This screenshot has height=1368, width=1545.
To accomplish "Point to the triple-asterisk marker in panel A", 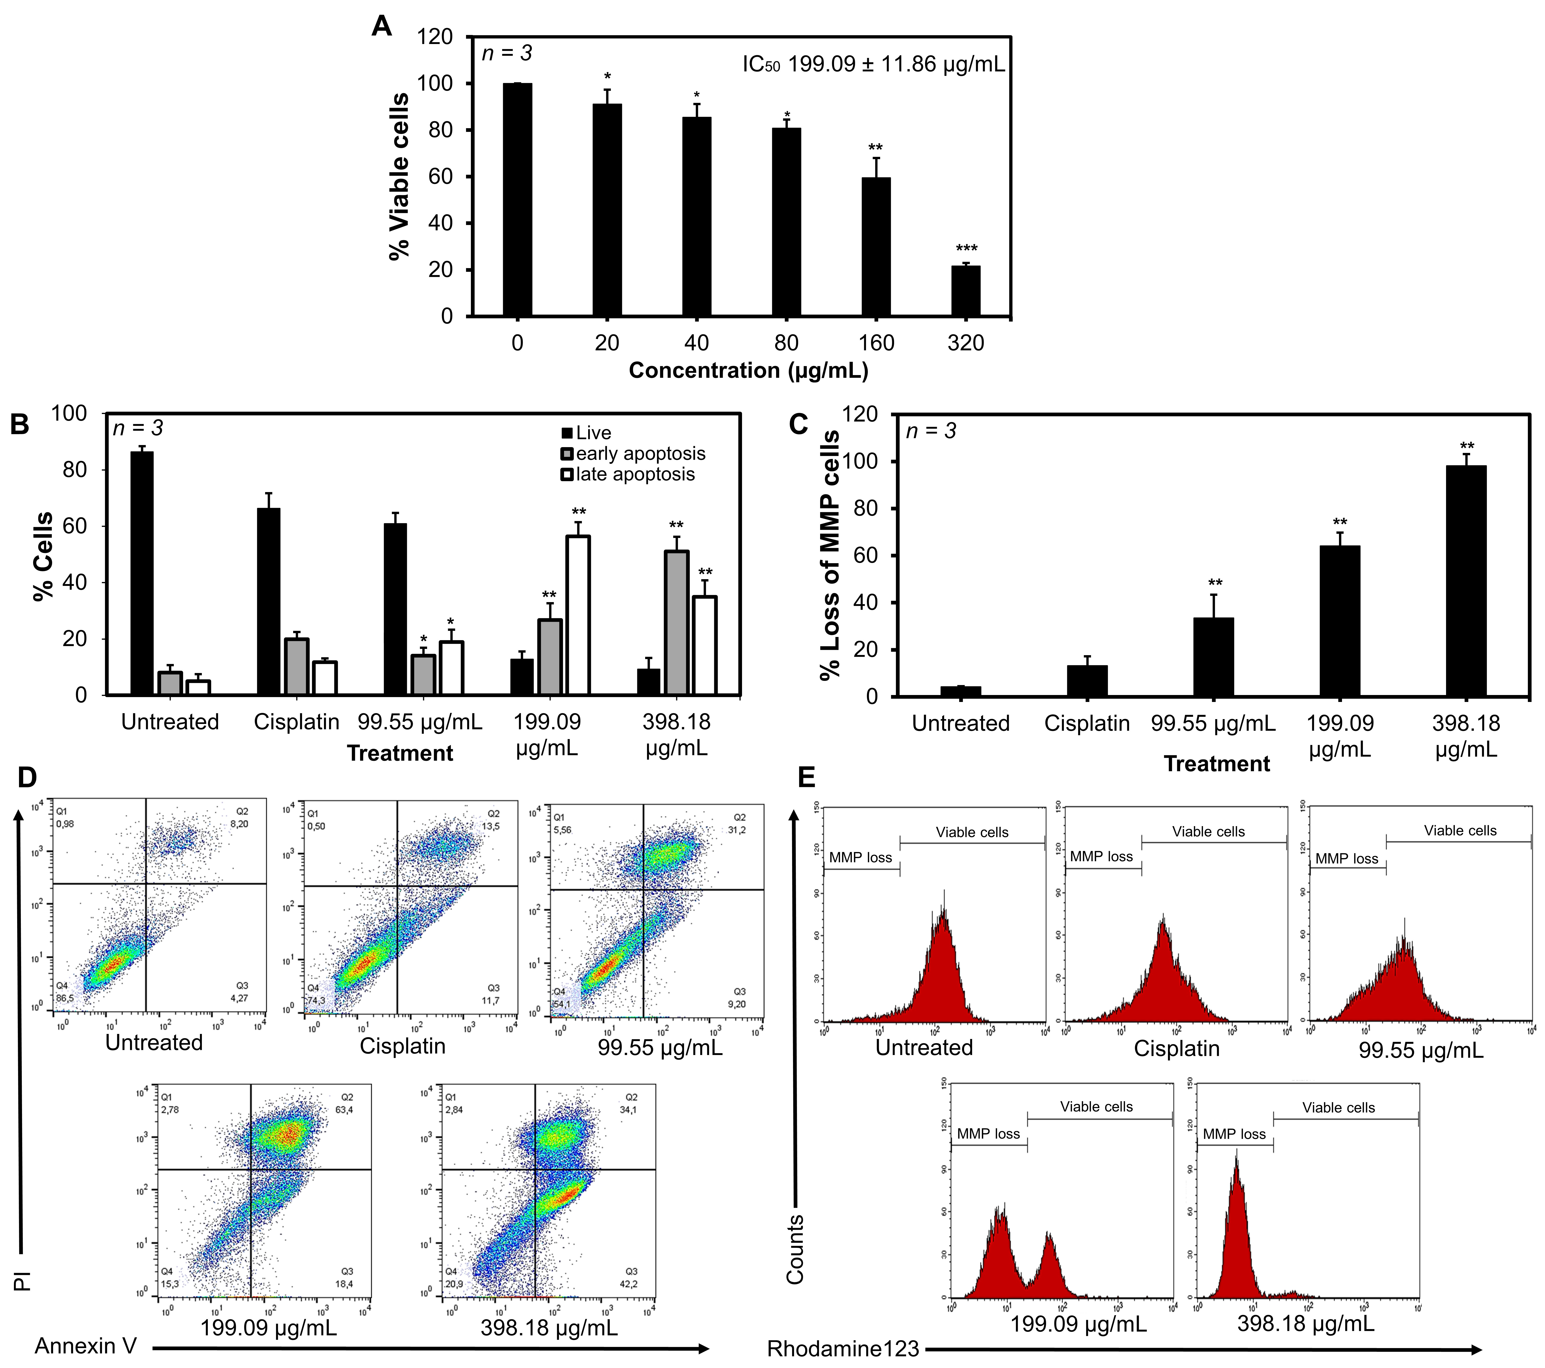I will click(966, 249).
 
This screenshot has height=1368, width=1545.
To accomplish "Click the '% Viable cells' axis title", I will click(399, 176).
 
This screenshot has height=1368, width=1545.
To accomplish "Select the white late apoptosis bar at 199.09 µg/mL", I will click(578, 615).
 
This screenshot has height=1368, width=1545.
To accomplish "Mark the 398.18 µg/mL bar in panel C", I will click(1466, 581).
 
